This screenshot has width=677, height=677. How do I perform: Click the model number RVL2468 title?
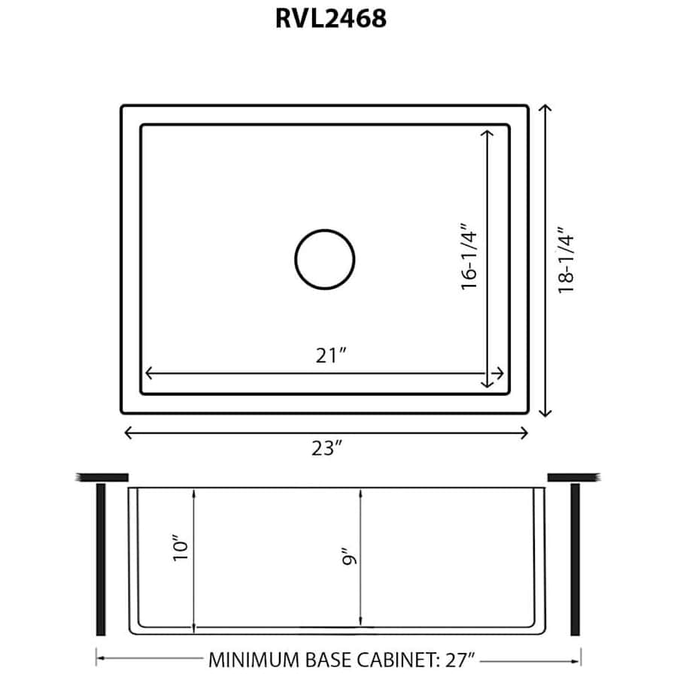pos(330,18)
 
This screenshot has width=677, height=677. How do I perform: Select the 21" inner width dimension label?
pos(330,356)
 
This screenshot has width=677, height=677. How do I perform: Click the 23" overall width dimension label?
pos(327,449)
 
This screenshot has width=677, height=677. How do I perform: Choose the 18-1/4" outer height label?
pos(566,260)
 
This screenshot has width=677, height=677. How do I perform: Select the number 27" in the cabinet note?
pos(459,660)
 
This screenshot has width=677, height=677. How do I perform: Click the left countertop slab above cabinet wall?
pos(102,476)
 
